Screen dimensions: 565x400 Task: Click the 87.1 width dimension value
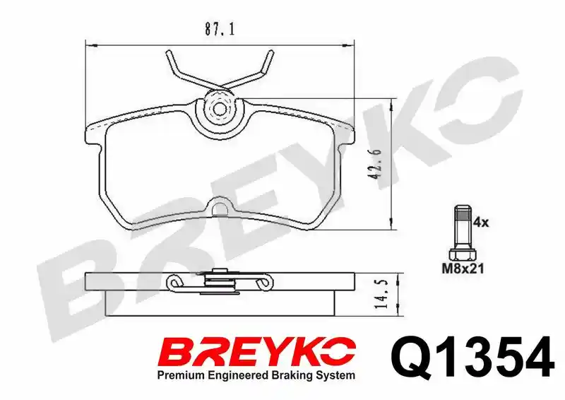click(220, 29)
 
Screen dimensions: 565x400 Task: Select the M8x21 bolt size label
click(463, 269)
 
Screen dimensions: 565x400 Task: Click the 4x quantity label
click(481, 223)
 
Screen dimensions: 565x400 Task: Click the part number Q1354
click(472, 357)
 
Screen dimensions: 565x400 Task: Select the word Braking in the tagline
click(291, 376)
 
